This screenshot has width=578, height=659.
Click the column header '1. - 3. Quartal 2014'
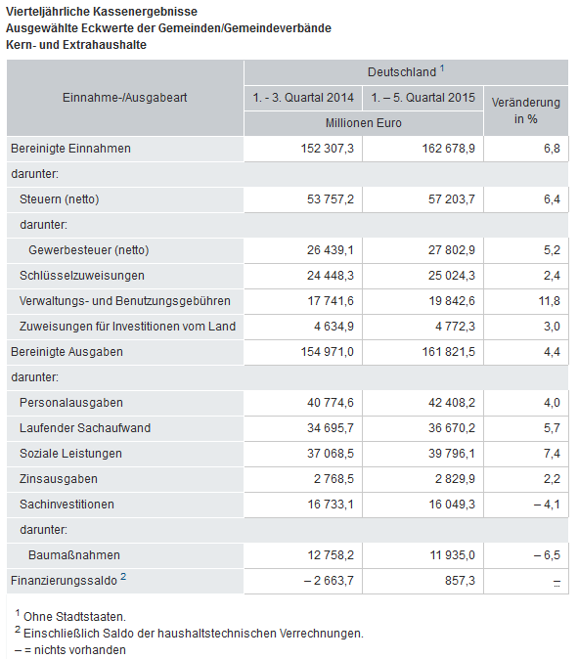(x=303, y=98)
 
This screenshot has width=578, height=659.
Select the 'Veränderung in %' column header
(x=526, y=110)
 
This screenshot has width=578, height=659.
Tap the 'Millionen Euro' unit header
(x=364, y=123)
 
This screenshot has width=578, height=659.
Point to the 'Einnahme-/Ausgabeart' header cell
(x=125, y=98)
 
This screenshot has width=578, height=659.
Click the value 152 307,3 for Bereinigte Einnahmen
(x=328, y=149)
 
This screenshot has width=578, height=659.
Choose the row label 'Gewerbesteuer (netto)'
(x=89, y=250)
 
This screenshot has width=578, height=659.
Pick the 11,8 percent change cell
(x=550, y=301)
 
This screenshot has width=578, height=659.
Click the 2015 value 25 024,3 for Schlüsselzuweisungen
(x=452, y=276)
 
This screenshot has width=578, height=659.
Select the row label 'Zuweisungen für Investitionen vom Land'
(x=127, y=327)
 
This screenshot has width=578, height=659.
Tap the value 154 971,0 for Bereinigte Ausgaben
(x=328, y=352)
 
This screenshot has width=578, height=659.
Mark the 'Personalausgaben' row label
(x=71, y=403)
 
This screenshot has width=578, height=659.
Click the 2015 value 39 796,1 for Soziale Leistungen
(x=452, y=454)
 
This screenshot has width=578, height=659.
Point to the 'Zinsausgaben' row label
(x=59, y=479)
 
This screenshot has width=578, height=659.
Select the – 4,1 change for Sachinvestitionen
(x=547, y=505)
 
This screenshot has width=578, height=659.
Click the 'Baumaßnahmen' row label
(x=74, y=555)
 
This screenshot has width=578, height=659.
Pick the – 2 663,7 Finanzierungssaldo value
(x=330, y=581)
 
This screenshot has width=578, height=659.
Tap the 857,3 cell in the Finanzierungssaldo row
(x=460, y=581)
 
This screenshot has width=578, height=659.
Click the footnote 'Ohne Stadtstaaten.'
(x=74, y=617)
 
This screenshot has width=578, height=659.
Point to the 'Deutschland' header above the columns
(x=402, y=72)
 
